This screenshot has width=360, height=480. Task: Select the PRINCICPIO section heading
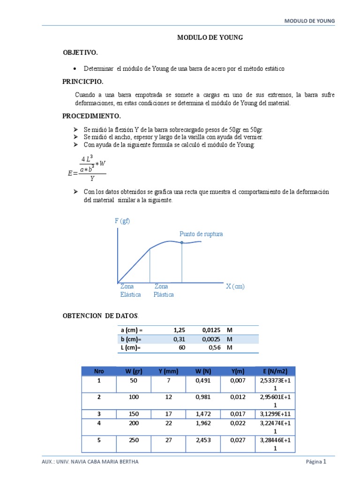(82, 82)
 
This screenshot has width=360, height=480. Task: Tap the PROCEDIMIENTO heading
(91, 116)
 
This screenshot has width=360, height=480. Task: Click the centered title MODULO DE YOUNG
(210, 37)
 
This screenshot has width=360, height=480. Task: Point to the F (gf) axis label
(122, 221)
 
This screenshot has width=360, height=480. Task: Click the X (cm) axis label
(235, 286)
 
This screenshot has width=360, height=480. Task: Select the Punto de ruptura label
(201, 234)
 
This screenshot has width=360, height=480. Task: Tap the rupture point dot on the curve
(182, 242)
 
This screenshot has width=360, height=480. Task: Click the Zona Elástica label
(130, 291)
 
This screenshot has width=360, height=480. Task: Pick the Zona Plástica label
(164, 291)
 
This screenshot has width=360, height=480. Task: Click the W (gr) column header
(134, 371)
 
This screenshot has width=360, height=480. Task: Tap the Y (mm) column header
(168, 371)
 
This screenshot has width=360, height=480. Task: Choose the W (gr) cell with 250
(134, 440)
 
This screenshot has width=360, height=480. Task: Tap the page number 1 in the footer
(324, 462)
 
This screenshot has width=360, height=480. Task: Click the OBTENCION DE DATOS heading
(100, 315)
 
